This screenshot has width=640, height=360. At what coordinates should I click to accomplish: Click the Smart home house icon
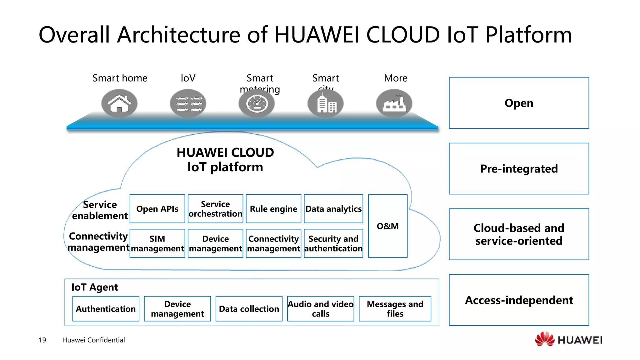[119, 103]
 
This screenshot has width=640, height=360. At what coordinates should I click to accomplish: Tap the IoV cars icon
[188, 103]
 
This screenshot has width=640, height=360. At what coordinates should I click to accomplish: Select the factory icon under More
[394, 103]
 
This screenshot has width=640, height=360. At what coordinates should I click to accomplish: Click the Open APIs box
[157, 209]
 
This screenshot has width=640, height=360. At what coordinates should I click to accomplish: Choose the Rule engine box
[273, 209]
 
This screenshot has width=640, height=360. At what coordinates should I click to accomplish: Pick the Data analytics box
[333, 209]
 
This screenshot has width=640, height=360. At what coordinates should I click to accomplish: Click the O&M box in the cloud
[387, 226]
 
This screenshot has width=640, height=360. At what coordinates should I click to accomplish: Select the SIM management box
[157, 243]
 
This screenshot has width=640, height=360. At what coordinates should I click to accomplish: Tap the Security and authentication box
[333, 243]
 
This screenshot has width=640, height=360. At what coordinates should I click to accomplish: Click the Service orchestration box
[215, 209]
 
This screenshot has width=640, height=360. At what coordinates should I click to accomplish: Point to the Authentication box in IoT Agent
[106, 309]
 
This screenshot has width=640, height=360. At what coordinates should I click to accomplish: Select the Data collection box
[249, 309]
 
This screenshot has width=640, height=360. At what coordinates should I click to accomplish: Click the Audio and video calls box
[321, 309]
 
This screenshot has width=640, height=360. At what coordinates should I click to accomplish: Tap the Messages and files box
[395, 309]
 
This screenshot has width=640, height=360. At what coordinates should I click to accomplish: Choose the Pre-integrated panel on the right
[519, 169]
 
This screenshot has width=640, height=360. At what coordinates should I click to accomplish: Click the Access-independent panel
[519, 300]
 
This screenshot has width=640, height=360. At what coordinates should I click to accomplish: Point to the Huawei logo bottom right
[568, 340]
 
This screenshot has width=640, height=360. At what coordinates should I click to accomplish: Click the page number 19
[42, 340]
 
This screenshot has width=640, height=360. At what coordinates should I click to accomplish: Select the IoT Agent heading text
[95, 287]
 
